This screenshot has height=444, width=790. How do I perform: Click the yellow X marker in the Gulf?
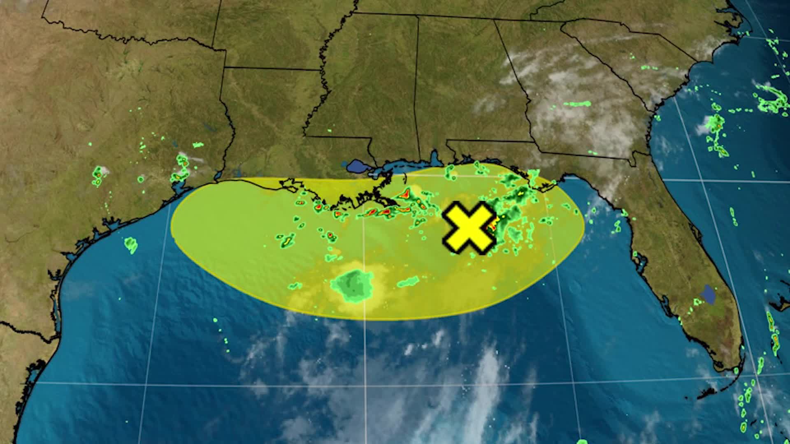[469, 227]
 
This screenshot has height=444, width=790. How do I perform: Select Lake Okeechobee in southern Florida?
[709, 293]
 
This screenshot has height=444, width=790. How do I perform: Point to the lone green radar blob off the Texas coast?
[131, 245]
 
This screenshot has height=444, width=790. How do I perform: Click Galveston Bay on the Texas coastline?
[180, 188]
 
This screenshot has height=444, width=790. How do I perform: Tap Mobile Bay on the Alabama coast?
[434, 158]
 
